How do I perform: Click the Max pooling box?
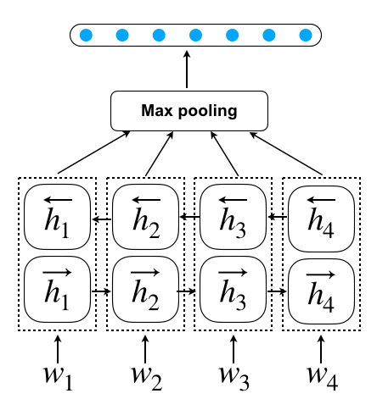tap(189, 111)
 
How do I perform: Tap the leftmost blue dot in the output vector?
tap(86, 36)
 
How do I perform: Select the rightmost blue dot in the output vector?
tap(306, 36)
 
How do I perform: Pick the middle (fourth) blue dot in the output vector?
tap(195, 36)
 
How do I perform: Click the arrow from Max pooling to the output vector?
tap(187, 69)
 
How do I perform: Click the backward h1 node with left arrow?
tap(58, 217)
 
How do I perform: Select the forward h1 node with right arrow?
tap(58, 289)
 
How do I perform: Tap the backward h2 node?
tap(145, 217)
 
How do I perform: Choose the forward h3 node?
tap(234, 289)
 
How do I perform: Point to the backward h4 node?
tap(321, 219)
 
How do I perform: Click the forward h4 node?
tap(321, 291)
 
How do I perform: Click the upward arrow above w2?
tap(145, 349)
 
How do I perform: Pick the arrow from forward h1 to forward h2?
tap(101, 291)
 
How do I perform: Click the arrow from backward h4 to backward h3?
tap(278, 217)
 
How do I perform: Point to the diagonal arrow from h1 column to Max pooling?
tap(93, 152)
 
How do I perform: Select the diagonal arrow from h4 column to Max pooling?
tap(286, 153)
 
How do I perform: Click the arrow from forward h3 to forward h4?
tap(277, 291)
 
